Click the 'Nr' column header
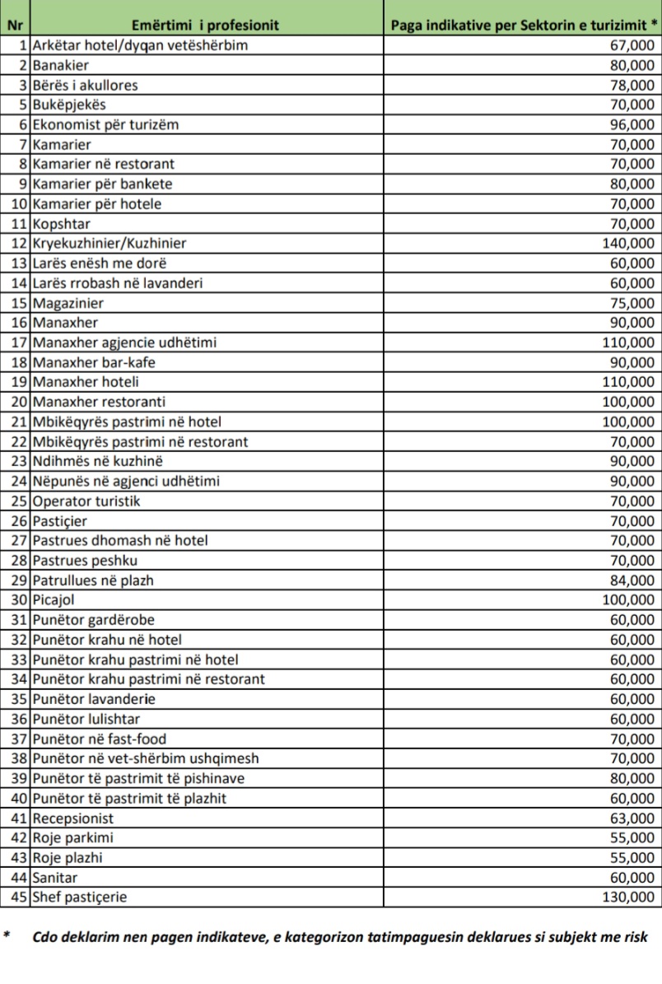click(x=15, y=25)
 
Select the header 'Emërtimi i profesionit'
click(x=206, y=25)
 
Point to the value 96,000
click(x=632, y=124)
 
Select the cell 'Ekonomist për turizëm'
click(x=105, y=124)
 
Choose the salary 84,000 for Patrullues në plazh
click(x=632, y=580)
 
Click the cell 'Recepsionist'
click(x=73, y=818)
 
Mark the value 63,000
click(x=632, y=818)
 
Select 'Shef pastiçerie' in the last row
click(x=80, y=897)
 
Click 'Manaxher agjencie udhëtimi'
click(x=125, y=342)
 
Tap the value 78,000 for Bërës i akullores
click(x=632, y=85)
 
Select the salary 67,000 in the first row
click(x=632, y=45)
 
